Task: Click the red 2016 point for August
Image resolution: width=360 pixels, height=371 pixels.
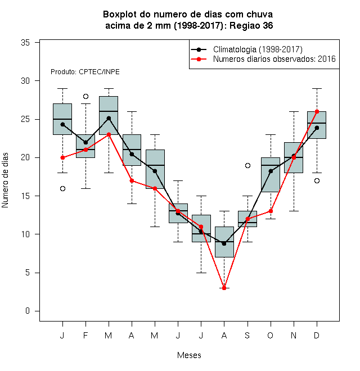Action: coord(224,288)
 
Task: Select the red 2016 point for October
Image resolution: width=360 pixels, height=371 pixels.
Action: coord(271,211)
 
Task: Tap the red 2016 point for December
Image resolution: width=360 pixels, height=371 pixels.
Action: coord(317,111)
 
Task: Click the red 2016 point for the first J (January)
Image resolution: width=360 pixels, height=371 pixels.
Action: coord(62,157)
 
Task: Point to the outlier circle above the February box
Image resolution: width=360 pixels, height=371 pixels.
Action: coord(85,96)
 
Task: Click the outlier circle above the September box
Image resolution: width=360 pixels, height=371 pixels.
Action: coord(247,165)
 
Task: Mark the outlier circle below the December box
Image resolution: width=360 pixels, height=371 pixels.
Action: coord(317,181)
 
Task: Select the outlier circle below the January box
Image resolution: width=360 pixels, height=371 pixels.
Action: coord(62,188)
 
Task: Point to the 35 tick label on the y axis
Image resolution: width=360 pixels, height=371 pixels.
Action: coord(25,43)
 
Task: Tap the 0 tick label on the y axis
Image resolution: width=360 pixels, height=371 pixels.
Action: coord(28,311)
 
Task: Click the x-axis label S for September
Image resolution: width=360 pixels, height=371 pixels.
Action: coord(247,335)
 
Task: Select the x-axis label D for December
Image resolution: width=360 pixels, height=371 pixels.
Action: coord(317,335)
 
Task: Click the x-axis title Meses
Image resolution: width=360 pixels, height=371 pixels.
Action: coord(189,355)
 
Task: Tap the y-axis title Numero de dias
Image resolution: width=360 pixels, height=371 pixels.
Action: coord(5,180)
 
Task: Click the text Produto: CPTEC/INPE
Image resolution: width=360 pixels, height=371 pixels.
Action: coord(85,72)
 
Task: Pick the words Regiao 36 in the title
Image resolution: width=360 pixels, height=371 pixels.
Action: coord(251,25)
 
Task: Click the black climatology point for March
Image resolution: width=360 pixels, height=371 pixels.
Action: coord(109,118)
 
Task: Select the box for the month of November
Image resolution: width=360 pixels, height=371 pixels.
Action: coord(294,157)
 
